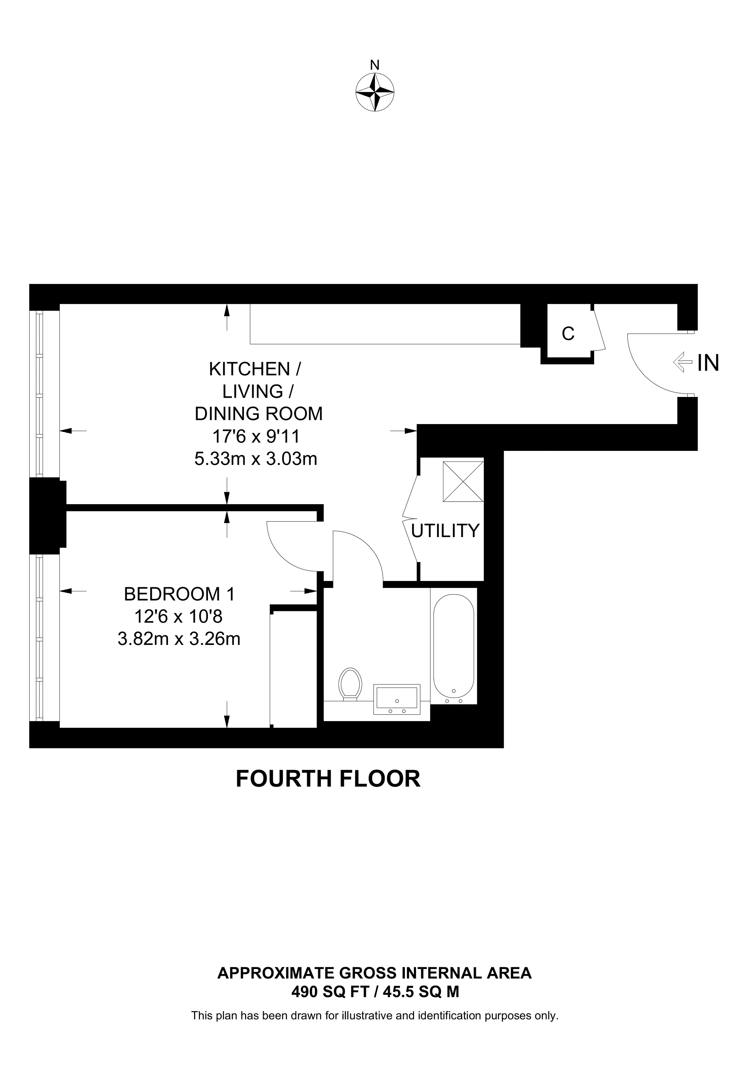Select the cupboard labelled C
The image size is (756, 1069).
568,333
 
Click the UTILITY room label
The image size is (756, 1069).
445,531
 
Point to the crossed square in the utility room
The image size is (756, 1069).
463,481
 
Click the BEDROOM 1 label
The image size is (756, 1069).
179,594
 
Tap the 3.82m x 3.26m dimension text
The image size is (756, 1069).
179,639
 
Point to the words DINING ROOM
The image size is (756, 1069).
258,413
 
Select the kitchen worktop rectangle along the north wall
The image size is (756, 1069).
385,324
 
